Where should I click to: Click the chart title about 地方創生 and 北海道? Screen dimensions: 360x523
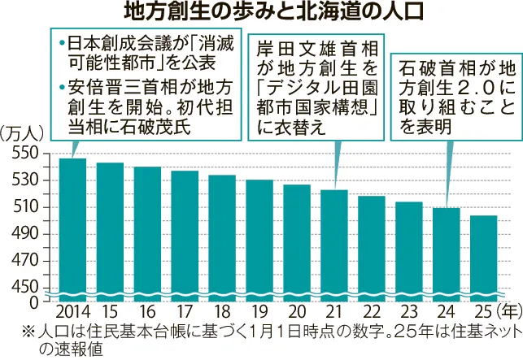[x=261, y=12]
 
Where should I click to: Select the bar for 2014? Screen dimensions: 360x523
[x=72, y=228]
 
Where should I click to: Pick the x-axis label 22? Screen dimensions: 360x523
[x=372, y=312]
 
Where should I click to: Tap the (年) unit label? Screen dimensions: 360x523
[x=505, y=312]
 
